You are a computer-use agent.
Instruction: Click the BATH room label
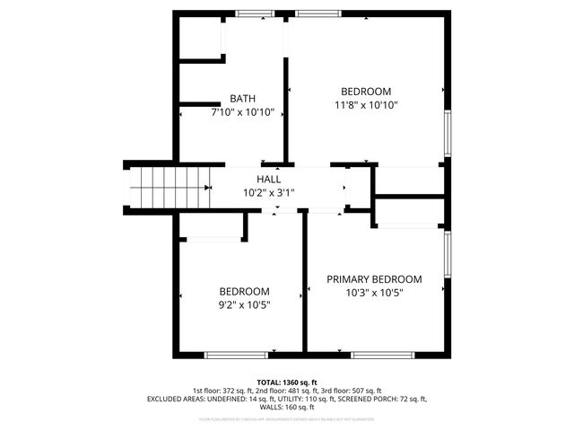(x=242, y=99)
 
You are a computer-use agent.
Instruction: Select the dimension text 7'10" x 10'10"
(x=242, y=113)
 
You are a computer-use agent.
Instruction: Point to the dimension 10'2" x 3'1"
(x=268, y=192)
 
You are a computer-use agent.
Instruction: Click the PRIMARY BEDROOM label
(x=374, y=279)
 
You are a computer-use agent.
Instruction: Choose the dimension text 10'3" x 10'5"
(x=374, y=293)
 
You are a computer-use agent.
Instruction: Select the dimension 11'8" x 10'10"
(x=366, y=105)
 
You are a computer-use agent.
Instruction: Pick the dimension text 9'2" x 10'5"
(x=245, y=304)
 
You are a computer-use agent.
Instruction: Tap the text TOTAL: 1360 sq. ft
(x=287, y=383)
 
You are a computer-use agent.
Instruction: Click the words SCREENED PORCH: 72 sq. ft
(x=387, y=399)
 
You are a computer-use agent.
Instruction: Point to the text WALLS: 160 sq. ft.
(x=287, y=407)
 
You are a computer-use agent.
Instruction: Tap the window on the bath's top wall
(x=255, y=13)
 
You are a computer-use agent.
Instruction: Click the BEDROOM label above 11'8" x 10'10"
(x=366, y=92)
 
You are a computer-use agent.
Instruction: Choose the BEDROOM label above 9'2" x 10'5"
(x=245, y=291)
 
